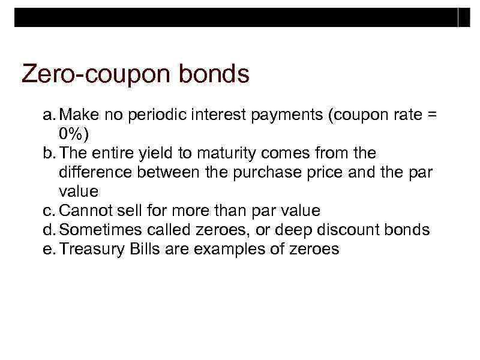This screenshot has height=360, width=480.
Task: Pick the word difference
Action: click(90, 172)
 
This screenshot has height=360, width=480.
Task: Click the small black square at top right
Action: click(464, 17)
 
